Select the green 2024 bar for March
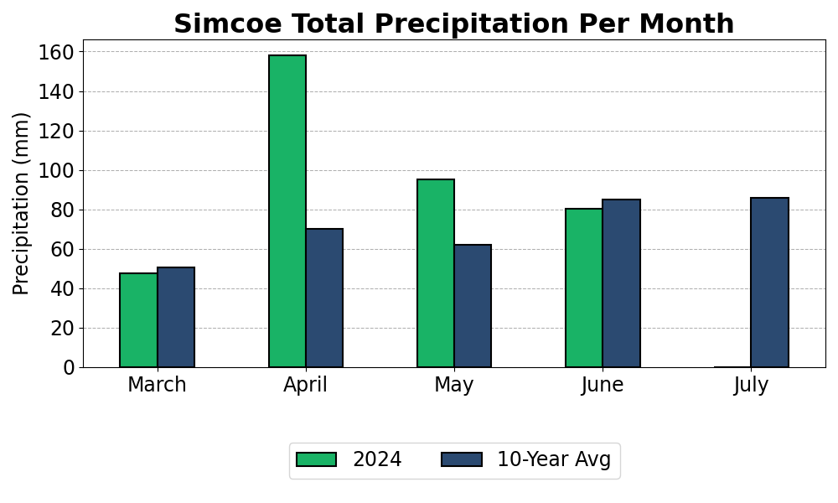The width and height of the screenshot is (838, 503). [x=138, y=320]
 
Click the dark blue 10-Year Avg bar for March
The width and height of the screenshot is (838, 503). [x=176, y=317]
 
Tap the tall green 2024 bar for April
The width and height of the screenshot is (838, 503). [x=287, y=211]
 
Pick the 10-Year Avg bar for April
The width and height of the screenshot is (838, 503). [x=324, y=298]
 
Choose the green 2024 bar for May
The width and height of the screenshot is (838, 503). [x=436, y=273]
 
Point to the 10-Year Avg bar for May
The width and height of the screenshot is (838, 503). [x=473, y=306]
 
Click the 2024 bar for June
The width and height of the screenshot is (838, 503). [x=584, y=288]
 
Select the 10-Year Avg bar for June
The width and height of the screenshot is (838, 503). [x=622, y=283]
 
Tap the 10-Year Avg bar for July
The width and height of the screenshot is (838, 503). [x=769, y=283]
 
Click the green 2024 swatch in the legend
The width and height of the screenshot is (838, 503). [x=317, y=459]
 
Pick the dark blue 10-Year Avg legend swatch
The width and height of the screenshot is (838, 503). [x=461, y=459]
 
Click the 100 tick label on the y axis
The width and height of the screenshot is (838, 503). [x=56, y=170]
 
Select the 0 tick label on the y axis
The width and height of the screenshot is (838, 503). [x=69, y=368]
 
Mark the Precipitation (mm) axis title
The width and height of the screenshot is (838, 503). [x=21, y=204]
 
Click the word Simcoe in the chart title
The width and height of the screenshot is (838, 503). [x=228, y=24]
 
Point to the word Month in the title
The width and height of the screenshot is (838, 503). [x=687, y=24]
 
